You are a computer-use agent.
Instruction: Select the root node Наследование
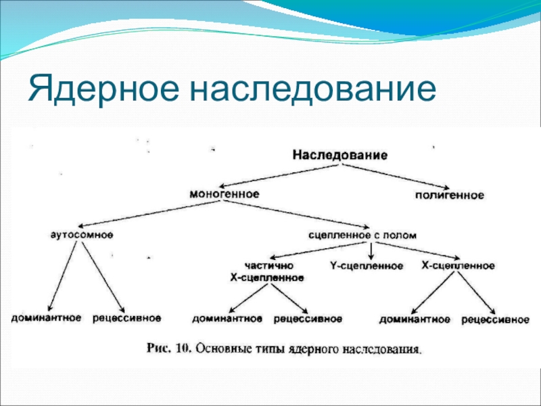[339, 155]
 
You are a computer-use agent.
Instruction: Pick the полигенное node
[449, 196]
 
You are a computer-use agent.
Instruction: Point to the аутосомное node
[83, 235]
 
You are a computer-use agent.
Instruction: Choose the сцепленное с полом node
[362, 235]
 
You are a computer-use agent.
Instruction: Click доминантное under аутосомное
[46, 317]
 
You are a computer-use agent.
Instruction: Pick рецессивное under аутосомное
[127, 317]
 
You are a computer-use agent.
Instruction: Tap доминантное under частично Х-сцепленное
[227, 318]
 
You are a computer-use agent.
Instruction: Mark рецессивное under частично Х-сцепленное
[308, 318]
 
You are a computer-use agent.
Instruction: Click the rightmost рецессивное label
[495, 318]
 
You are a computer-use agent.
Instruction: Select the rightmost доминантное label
[415, 318]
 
